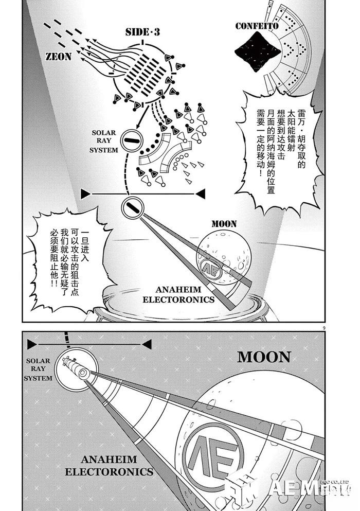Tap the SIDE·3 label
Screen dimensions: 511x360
point(143,32)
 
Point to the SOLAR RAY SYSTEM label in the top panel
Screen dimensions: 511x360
point(104,141)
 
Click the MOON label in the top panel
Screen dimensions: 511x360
point(224,224)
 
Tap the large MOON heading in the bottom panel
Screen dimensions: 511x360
point(264,358)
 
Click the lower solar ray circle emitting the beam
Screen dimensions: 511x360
point(131,208)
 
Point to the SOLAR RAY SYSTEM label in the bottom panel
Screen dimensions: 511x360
point(38,369)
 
